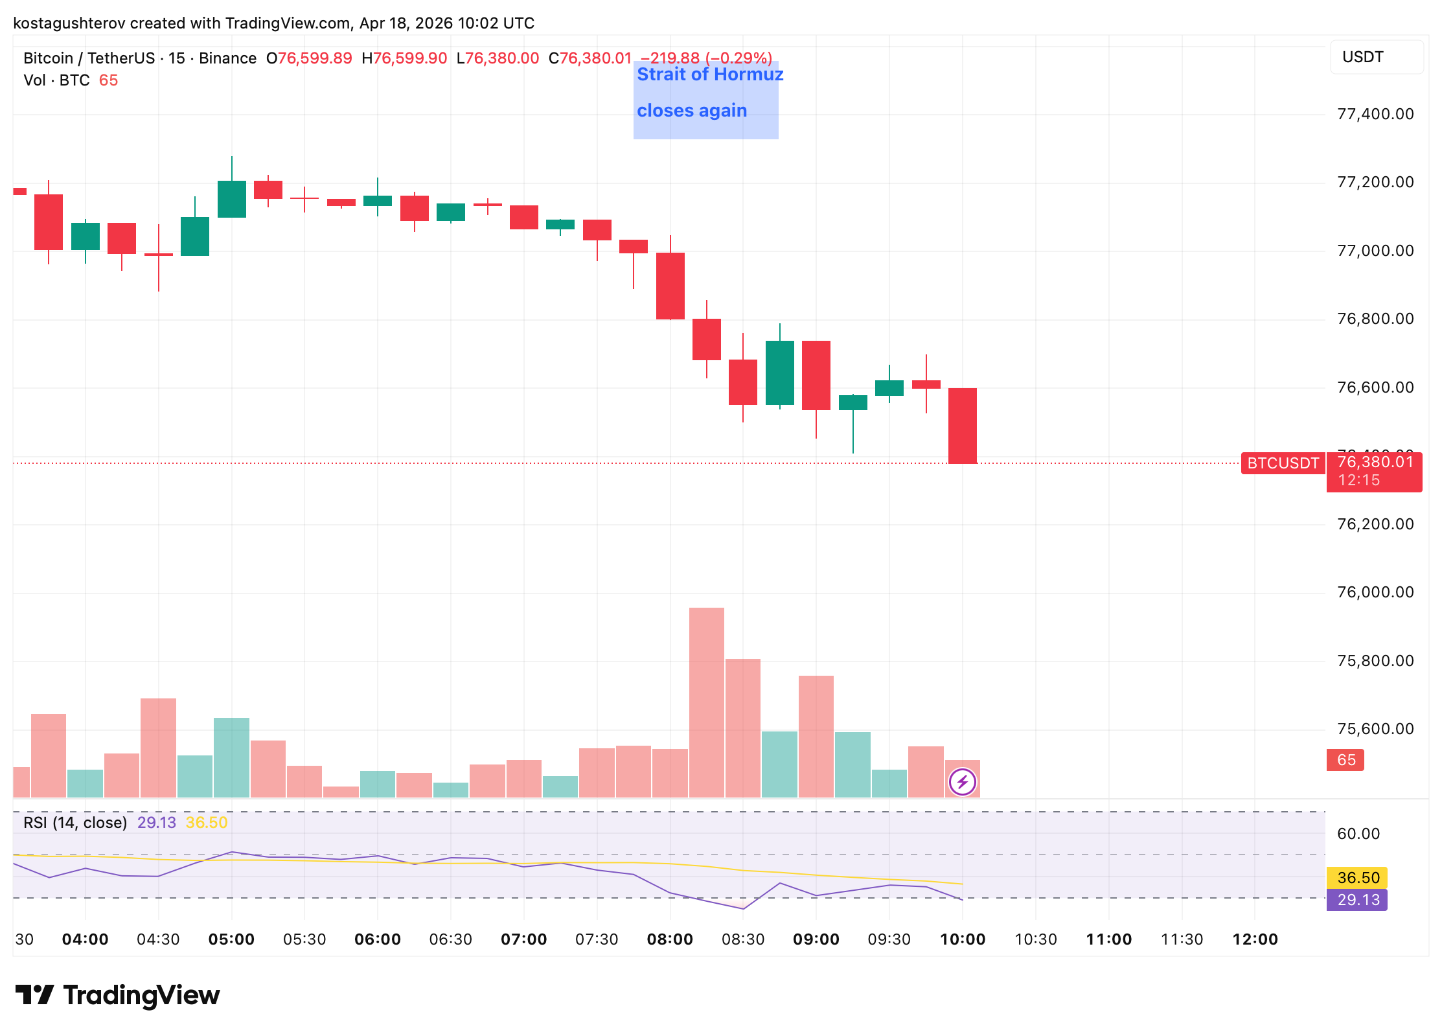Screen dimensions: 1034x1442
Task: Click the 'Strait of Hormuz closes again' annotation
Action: (x=705, y=93)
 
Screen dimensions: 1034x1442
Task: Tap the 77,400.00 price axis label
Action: (x=1375, y=115)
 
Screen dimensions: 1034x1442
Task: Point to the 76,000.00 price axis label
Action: (x=1375, y=592)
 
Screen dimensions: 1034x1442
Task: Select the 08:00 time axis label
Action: (x=670, y=939)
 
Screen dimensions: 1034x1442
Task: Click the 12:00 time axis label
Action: (x=1255, y=939)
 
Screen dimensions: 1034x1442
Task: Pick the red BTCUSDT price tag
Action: (x=1283, y=463)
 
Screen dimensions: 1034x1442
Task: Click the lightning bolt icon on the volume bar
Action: (x=962, y=782)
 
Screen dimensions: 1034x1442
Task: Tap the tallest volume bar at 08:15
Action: (x=706, y=703)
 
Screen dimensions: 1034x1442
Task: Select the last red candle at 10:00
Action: (x=963, y=426)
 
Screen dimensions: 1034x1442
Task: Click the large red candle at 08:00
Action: (x=670, y=286)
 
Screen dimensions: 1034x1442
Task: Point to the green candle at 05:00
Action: (x=232, y=199)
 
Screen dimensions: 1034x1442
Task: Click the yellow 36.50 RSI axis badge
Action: (x=1357, y=878)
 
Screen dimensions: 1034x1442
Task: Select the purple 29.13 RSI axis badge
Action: (x=1357, y=900)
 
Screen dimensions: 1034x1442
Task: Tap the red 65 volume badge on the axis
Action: (x=1345, y=760)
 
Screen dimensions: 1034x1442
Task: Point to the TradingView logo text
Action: (x=141, y=995)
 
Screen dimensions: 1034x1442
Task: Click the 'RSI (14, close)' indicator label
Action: (x=75, y=823)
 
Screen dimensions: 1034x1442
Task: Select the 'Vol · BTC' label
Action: (x=56, y=80)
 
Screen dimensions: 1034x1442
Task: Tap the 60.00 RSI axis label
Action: (x=1358, y=834)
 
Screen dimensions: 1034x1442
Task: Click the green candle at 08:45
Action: (x=780, y=373)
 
